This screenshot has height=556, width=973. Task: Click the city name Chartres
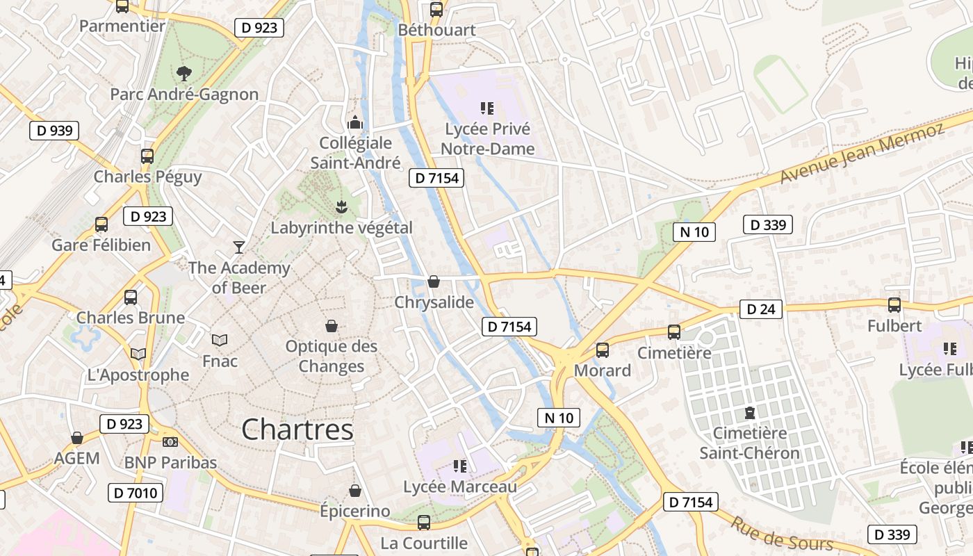(x=297, y=430)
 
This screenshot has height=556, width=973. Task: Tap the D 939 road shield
(x=54, y=131)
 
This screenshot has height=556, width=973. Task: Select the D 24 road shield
(x=760, y=309)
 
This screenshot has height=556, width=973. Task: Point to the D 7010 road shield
(x=136, y=493)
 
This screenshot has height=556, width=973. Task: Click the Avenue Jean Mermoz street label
(x=862, y=154)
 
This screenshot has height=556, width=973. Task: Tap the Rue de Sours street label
(x=781, y=534)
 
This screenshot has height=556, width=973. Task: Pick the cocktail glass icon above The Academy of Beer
(x=239, y=247)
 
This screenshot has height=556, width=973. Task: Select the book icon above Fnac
(x=220, y=340)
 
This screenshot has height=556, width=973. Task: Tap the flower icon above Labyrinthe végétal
(x=341, y=206)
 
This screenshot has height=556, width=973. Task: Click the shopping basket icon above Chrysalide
(x=434, y=281)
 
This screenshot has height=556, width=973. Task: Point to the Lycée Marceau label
(x=460, y=486)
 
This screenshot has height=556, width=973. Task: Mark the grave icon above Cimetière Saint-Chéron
(x=749, y=413)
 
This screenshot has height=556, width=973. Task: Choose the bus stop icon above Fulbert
(x=894, y=304)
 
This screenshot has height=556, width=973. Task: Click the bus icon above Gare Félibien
(x=101, y=224)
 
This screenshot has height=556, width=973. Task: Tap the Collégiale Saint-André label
(x=356, y=153)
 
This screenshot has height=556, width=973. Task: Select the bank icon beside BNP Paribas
(x=170, y=442)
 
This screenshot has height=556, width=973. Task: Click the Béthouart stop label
(x=436, y=30)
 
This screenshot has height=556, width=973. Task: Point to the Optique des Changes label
(x=332, y=356)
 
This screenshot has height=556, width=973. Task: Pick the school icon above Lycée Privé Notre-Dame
(x=486, y=108)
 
